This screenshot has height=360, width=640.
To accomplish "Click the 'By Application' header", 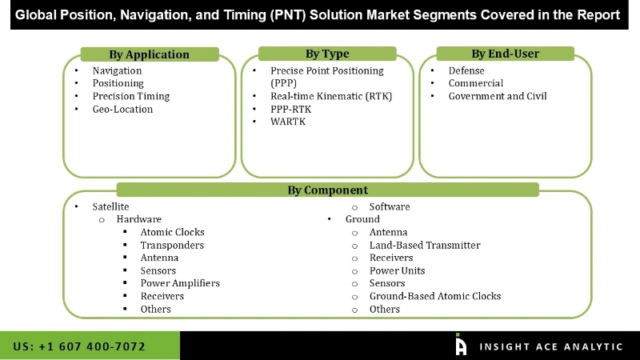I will click(149, 54).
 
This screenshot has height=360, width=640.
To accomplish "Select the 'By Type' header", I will click(327, 54).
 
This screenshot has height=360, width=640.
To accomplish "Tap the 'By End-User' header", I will click(505, 54).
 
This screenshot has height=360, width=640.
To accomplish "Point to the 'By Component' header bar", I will click(328, 190).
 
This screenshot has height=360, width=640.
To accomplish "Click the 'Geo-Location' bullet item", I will click(122, 109).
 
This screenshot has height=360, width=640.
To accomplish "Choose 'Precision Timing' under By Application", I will click(131, 96).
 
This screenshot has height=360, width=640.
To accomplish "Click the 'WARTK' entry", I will click(288, 122).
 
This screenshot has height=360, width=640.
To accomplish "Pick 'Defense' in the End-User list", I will click(466, 70).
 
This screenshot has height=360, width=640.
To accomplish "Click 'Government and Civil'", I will click(498, 96).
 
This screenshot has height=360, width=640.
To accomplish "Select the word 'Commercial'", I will click(476, 83).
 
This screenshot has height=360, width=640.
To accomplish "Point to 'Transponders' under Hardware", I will click(172, 245).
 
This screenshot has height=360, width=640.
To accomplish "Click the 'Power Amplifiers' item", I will click(180, 283).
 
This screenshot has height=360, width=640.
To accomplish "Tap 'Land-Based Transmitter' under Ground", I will click(425, 245).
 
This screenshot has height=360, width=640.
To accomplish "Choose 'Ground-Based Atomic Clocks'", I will click(435, 296).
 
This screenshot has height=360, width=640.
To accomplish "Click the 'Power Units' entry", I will click(397, 270).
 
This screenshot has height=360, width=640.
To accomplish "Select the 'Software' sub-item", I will click(390, 206).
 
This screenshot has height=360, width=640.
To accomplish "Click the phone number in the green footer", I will click(80, 346).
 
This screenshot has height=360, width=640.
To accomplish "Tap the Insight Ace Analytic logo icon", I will click(461, 345).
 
